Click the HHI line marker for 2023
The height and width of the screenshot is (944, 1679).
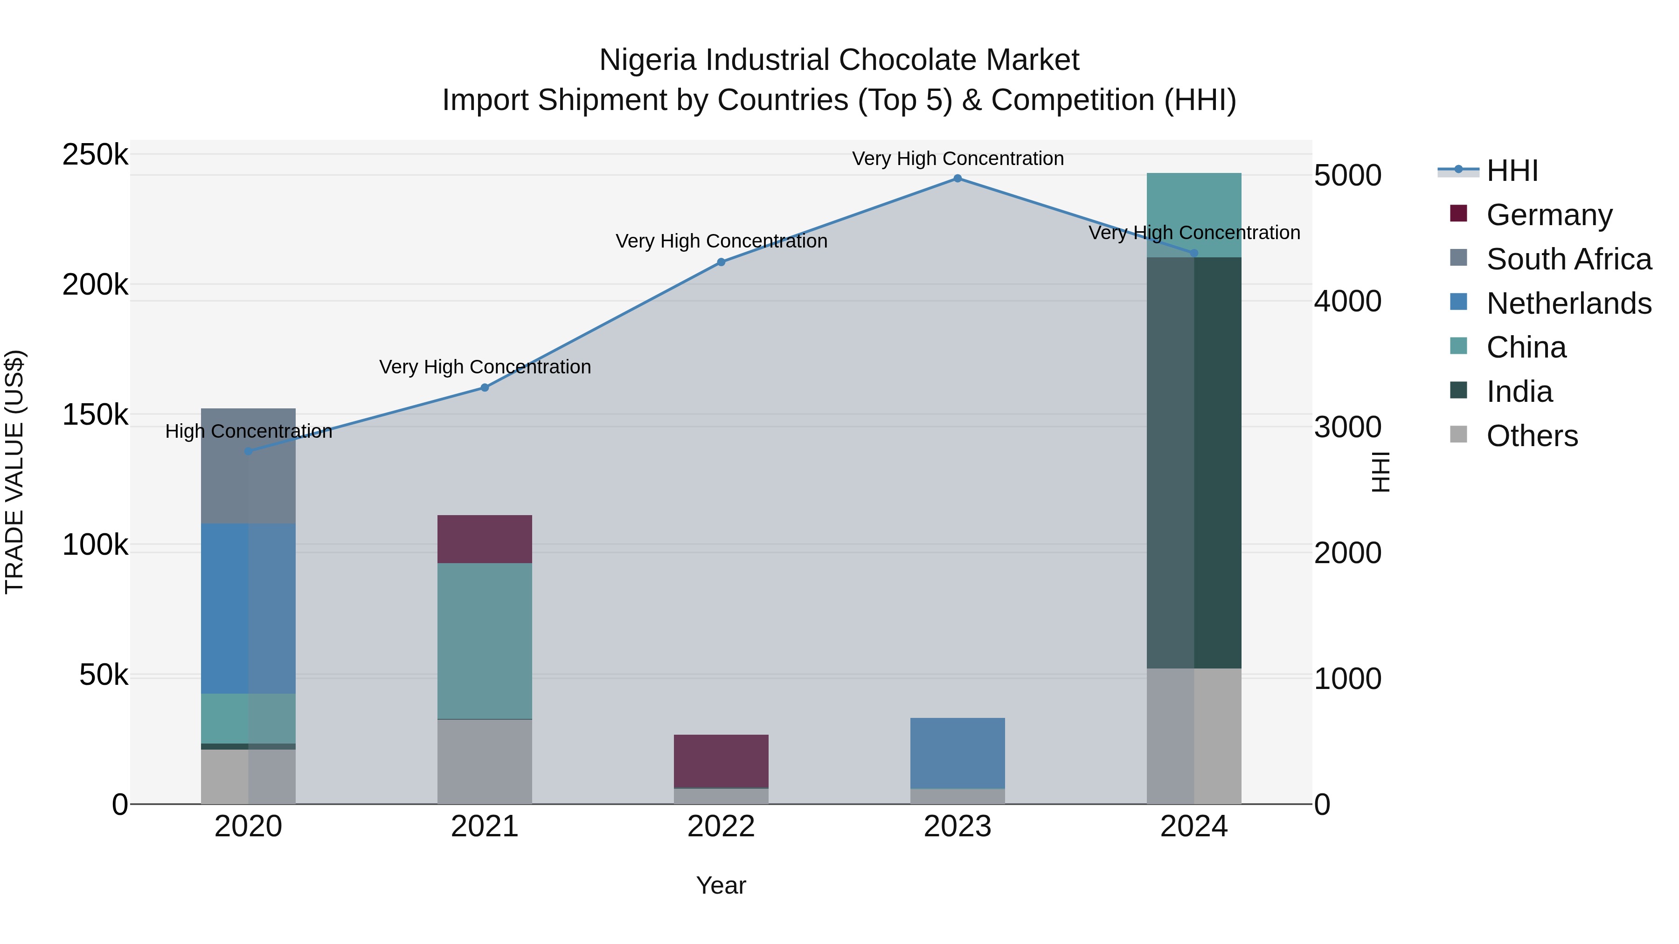click(x=957, y=179)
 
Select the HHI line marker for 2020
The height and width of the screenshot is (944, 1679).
click(x=248, y=451)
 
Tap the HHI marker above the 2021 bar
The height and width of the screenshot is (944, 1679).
click(x=484, y=388)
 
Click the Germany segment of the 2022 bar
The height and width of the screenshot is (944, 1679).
click(x=721, y=761)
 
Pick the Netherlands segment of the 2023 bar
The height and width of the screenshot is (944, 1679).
click(x=957, y=753)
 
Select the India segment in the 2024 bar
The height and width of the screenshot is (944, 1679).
click(x=1194, y=462)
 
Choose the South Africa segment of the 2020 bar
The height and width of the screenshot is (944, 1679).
click(x=248, y=466)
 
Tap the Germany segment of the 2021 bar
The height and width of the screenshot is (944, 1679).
click(x=484, y=539)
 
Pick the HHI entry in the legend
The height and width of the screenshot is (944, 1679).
click(x=1512, y=171)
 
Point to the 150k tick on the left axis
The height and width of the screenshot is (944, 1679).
click(x=95, y=415)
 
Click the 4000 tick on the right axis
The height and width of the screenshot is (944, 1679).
click(x=1347, y=301)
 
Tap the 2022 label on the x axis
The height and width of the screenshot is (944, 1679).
click(x=721, y=827)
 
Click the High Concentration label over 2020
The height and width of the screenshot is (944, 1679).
click(x=248, y=431)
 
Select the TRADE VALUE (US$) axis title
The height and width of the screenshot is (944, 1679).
click(x=14, y=472)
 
